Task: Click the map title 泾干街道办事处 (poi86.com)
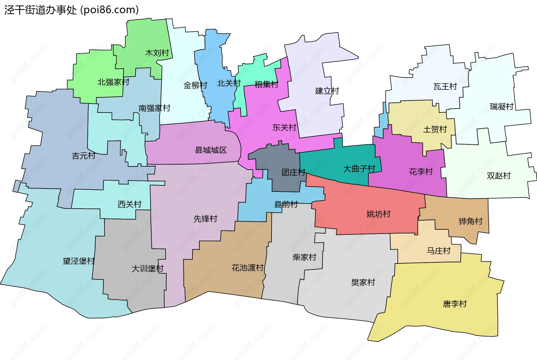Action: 72,10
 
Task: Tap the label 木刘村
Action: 157,53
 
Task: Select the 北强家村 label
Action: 113,82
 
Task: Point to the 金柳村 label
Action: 195,85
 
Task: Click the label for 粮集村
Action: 266,84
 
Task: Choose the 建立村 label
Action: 327,91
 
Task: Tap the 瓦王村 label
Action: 445,87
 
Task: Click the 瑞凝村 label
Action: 501,107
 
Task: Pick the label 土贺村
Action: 435,129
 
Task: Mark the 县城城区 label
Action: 211,150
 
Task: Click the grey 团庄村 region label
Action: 293,172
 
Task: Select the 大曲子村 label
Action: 359,169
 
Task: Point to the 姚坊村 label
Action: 378,214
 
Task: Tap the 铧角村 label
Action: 471,221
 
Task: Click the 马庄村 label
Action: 439,251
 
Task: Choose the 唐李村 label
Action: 455,304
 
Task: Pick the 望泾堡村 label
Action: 79,261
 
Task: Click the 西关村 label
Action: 129,204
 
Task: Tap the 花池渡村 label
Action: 248,268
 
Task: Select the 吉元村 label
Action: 84,156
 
